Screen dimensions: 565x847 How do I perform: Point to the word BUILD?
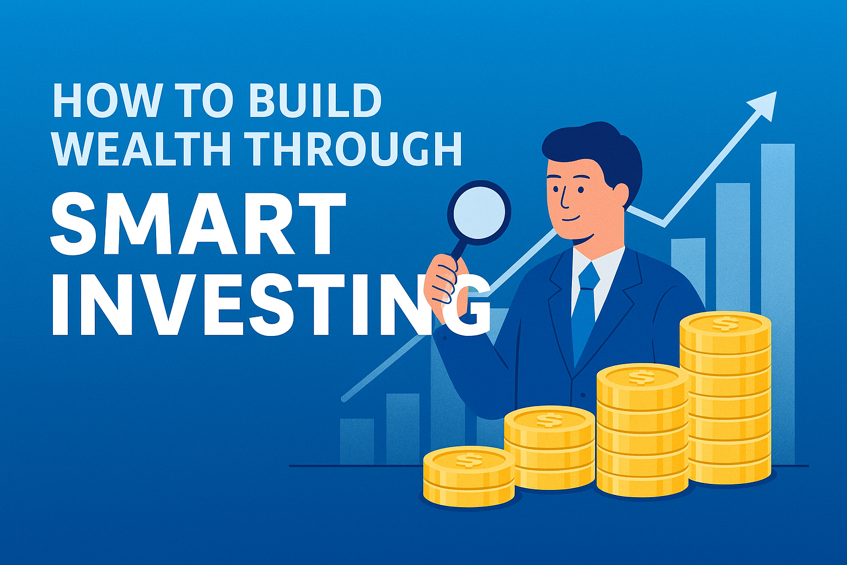coord(314,100)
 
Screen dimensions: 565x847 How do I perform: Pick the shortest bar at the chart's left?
coord(356,441)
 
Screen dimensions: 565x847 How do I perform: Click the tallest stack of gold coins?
coord(725,397)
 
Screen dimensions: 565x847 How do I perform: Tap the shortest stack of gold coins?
coord(469,477)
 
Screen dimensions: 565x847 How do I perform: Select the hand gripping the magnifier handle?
coord(444,287)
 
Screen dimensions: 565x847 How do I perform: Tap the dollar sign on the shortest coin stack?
coord(469,459)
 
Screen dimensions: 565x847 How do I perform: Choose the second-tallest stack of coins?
coord(642,430)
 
